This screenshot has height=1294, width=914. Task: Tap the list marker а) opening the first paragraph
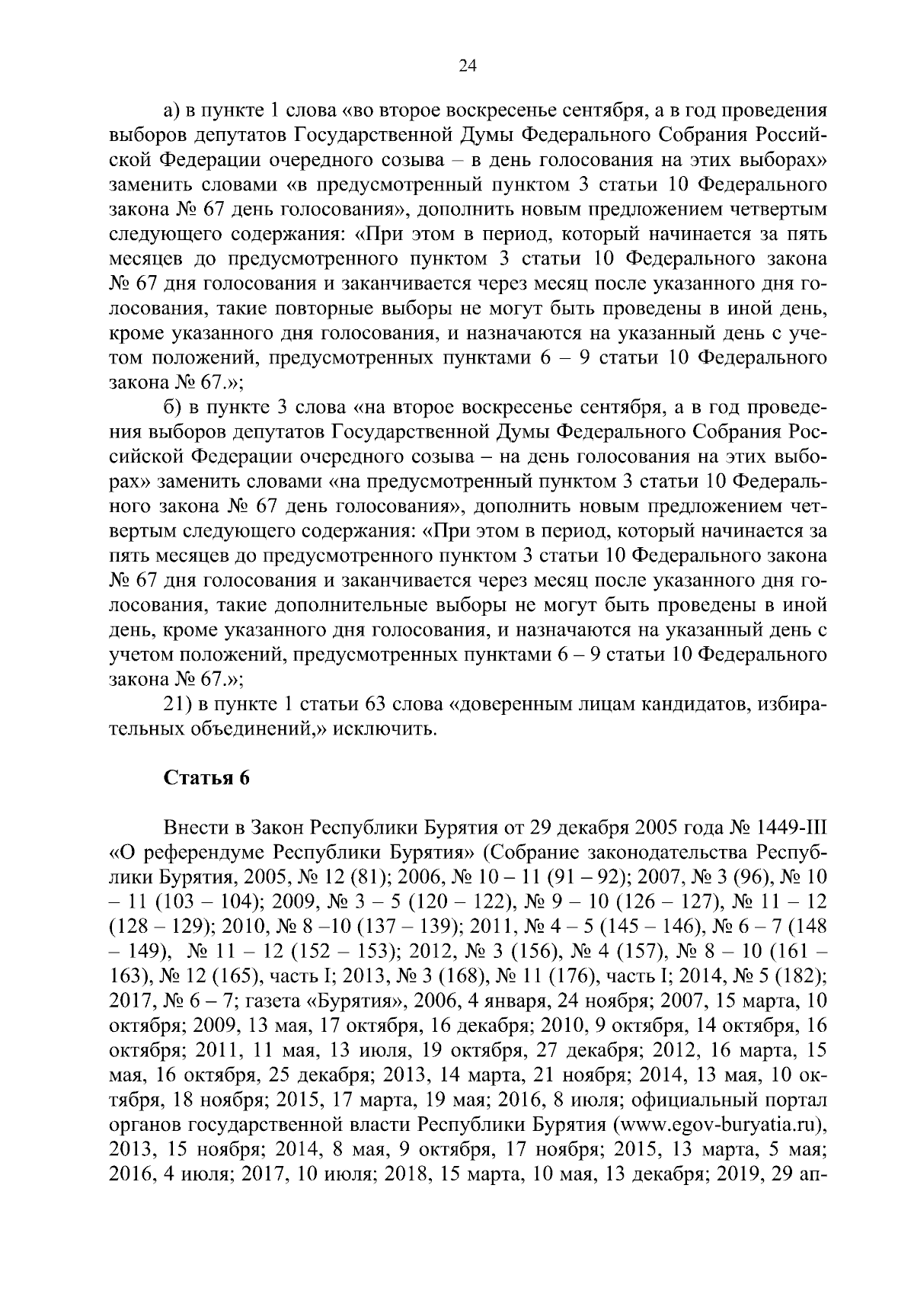pos(173,111)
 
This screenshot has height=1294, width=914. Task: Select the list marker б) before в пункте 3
pos(173,408)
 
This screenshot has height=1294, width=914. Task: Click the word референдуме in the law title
pos(201,851)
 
